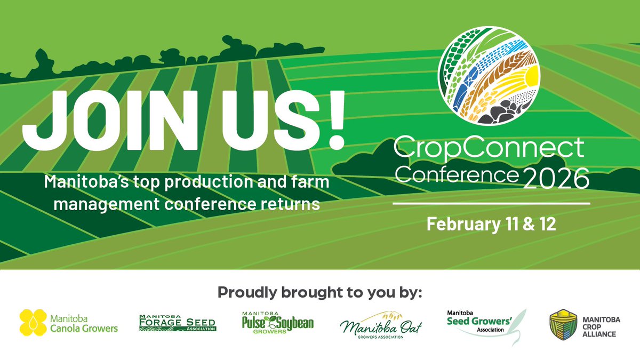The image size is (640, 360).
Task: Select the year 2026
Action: tap(556, 179)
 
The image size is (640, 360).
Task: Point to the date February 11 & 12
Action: tap(491, 223)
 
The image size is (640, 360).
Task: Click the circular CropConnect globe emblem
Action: tap(489, 74)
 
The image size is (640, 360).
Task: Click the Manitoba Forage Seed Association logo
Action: tap(177, 323)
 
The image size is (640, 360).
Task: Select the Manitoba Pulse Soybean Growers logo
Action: tap(277, 323)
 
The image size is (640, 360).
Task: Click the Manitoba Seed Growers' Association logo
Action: tap(478, 323)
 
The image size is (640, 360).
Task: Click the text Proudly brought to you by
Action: tap(319, 293)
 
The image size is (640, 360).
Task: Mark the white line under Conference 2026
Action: tap(491, 203)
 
